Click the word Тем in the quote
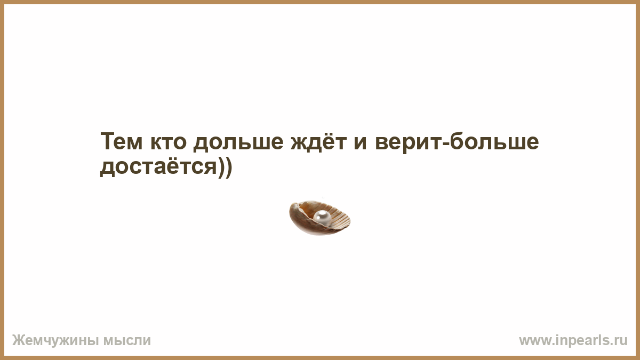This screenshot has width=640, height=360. pos(122,141)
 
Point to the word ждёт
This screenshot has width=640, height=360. pos(319,141)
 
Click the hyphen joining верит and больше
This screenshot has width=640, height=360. pos(445,143)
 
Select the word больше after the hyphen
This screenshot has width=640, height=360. pos(494,141)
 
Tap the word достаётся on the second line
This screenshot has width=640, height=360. pos(158,166)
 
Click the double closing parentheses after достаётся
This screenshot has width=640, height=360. pos(225,167)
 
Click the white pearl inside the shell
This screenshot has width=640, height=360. pos(322,218)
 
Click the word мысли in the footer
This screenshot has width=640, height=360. pos(127,341)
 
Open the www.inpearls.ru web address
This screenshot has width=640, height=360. pos(573,341)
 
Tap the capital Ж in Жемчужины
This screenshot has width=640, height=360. pos(18,340)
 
